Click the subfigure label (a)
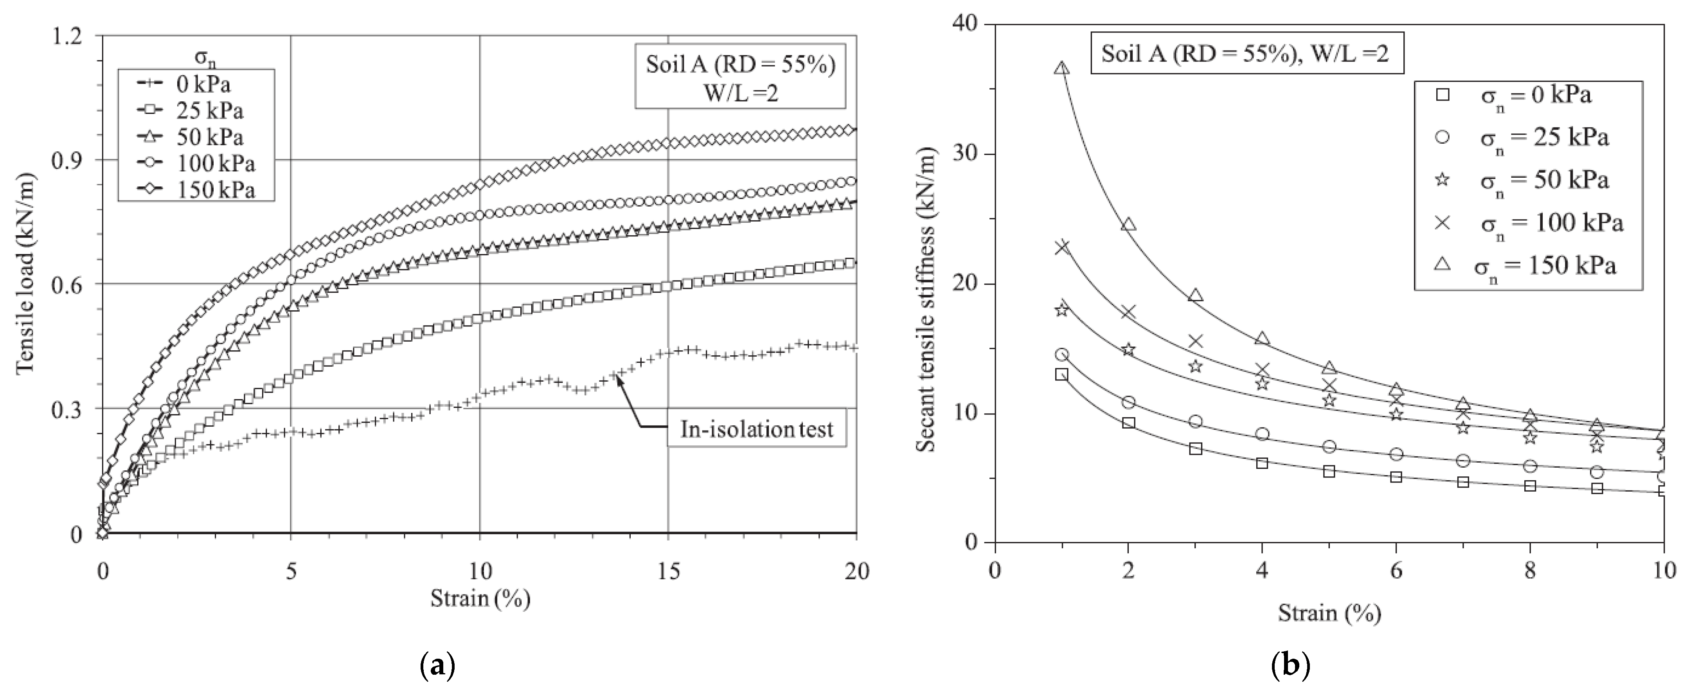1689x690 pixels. pyautogui.click(x=436, y=667)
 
